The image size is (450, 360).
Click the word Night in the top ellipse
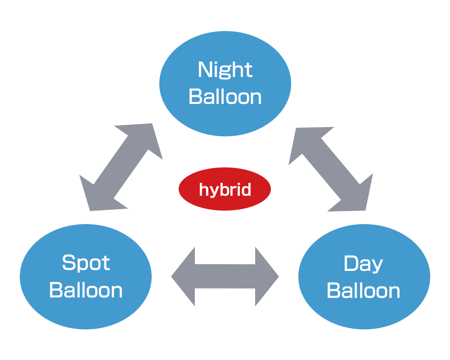tap(225, 70)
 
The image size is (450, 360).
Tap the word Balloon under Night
tap(225, 97)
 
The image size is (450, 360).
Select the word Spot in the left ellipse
tap(86, 263)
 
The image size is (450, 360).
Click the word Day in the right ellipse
tap(363, 264)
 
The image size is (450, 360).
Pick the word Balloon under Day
tap(363, 291)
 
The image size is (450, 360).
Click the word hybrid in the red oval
tap(225, 190)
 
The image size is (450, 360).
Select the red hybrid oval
tap(225, 189)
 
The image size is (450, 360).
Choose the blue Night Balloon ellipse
tap(225, 84)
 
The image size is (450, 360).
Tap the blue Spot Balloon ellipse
tap(85, 276)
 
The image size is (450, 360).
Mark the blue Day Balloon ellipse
tap(364, 276)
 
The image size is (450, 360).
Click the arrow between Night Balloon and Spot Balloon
tap(121, 167)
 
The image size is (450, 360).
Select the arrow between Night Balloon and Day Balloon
tap(331, 169)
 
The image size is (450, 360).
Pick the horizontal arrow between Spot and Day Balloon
tap(225, 276)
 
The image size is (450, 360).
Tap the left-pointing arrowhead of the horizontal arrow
tap(183, 276)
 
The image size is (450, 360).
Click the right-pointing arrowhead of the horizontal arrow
tap(267, 276)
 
